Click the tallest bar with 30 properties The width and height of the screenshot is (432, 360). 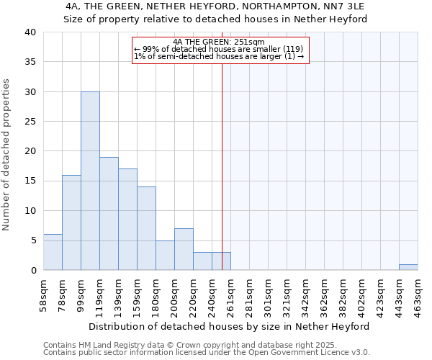[x=90, y=181]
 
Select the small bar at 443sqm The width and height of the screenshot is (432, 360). [x=408, y=267]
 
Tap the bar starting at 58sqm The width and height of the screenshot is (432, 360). [x=53, y=252]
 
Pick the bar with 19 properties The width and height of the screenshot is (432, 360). [x=109, y=213]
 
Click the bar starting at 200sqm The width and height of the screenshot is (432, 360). [x=184, y=249]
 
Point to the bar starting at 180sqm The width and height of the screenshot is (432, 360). [x=165, y=255]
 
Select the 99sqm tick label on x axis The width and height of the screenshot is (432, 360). [x=81, y=294]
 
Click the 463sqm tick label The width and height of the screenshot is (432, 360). [x=418, y=294]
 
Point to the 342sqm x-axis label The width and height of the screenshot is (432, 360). [x=306, y=294]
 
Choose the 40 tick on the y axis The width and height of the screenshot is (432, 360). [x=30, y=32]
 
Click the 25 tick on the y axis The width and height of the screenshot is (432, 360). [x=30, y=122]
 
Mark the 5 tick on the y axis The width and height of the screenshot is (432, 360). [x=32, y=240]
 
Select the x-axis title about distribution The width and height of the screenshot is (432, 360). [x=230, y=326]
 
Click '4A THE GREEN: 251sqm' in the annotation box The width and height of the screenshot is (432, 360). [x=220, y=42]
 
